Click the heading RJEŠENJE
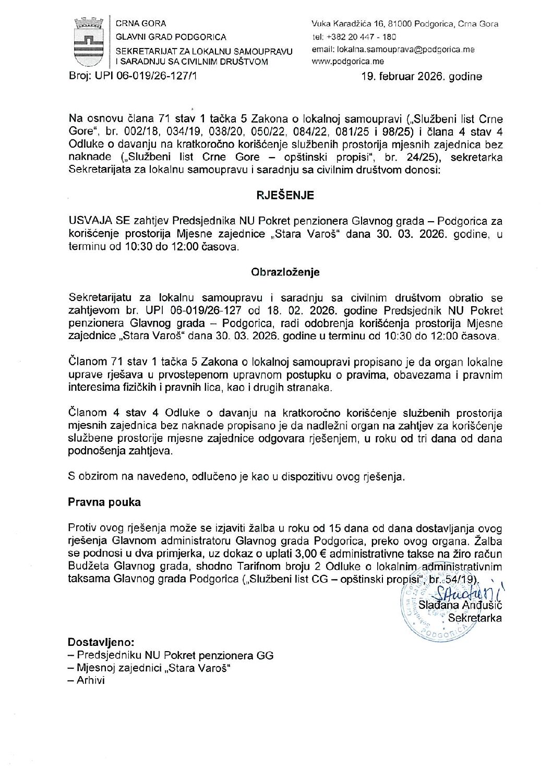(x=285, y=196)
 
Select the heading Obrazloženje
(x=285, y=272)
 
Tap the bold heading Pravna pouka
(x=104, y=502)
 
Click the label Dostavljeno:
(x=101, y=642)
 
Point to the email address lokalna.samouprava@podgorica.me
(x=393, y=50)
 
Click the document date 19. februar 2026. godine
(x=422, y=77)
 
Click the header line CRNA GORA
(x=141, y=23)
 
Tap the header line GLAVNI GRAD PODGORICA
(x=171, y=37)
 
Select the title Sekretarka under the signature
(x=475, y=618)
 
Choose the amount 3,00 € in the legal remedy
(x=309, y=554)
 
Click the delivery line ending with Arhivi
(x=87, y=680)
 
